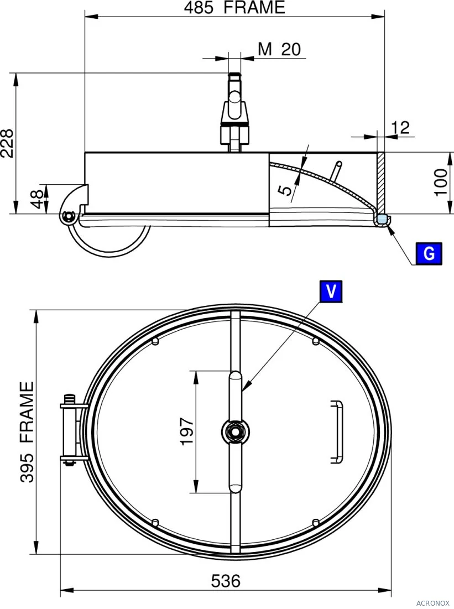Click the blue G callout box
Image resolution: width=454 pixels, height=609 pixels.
click(429, 254)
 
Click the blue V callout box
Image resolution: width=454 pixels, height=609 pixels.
click(331, 291)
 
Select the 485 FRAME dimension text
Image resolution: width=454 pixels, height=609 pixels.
click(234, 7)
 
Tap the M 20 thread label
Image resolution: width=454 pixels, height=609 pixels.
click(280, 49)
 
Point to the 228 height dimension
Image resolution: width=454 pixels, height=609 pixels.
click(7, 143)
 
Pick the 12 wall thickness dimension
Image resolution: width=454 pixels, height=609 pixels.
click(400, 127)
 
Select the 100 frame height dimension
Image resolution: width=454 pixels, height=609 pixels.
click(441, 183)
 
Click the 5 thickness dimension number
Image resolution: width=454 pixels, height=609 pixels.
click(285, 190)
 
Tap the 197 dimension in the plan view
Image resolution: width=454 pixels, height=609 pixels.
click(187, 431)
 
